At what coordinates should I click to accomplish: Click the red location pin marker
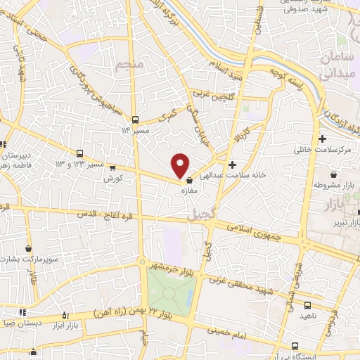(x=181, y=165)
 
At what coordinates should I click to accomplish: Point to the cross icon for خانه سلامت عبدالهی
(x=233, y=165)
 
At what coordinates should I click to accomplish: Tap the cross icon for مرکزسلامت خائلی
(x=323, y=139)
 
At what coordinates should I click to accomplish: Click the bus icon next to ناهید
(x=308, y=305)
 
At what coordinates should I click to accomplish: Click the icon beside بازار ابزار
(x=66, y=315)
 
